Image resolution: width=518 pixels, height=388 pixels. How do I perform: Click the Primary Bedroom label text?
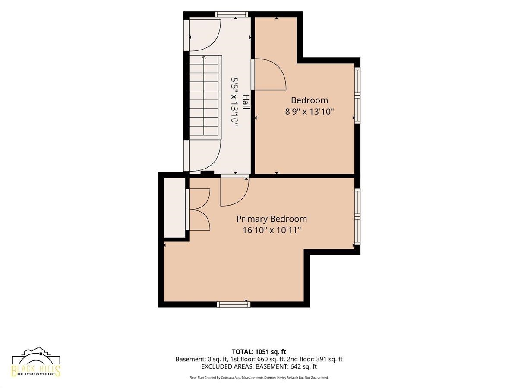(272, 219)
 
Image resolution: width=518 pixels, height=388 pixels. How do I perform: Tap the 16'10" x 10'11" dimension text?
(272, 230)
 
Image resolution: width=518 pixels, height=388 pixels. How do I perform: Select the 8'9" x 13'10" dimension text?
(310, 111)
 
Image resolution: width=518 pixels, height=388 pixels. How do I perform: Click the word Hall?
(246, 102)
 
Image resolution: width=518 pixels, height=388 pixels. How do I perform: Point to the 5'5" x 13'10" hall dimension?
(234, 102)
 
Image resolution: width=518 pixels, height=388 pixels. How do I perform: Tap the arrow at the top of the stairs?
(204, 57)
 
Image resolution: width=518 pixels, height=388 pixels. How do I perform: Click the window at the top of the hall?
(231, 14)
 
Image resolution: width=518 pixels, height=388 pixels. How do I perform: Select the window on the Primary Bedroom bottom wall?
(234, 305)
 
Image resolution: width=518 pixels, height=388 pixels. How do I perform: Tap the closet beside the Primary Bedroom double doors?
(174, 207)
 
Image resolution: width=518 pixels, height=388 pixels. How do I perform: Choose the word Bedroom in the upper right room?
(310, 100)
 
